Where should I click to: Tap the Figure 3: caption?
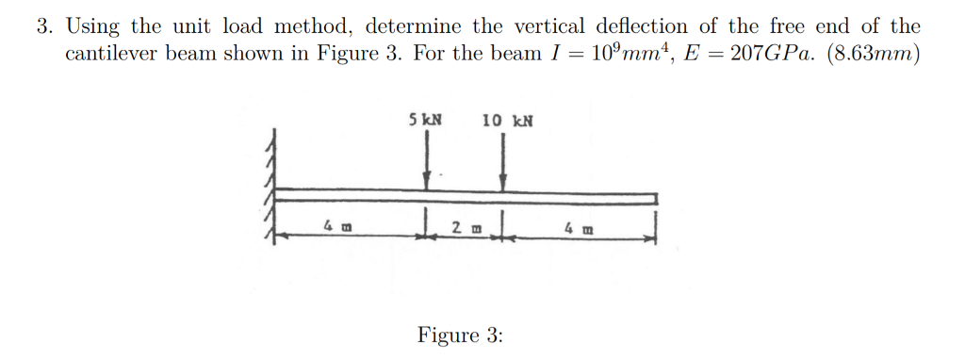point(460,335)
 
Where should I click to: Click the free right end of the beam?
point(654,198)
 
